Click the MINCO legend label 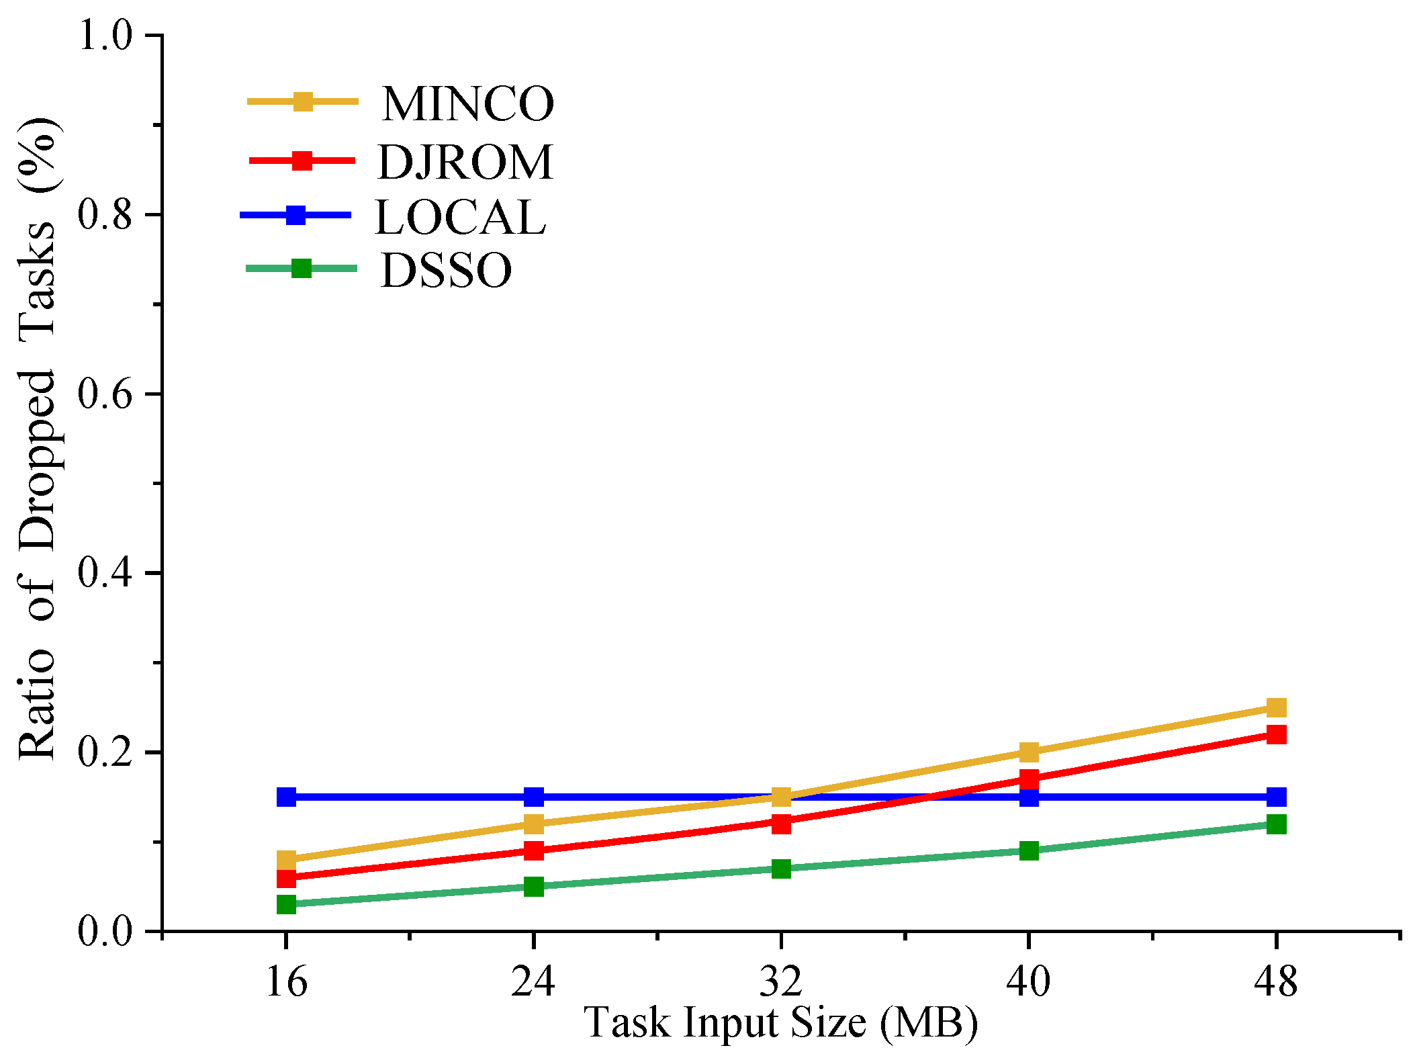click(x=467, y=104)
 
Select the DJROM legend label click(x=465, y=162)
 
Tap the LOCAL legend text click(x=460, y=217)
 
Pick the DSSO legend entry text click(x=446, y=271)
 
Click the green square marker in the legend click(x=302, y=269)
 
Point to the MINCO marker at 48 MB click(x=1275, y=707)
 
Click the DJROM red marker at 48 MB click(x=1275, y=734)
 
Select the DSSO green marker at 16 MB click(x=287, y=904)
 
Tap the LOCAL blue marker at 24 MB click(x=534, y=797)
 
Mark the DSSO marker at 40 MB click(x=1029, y=851)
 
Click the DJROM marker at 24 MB click(x=534, y=850)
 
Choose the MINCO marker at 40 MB click(x=1029, y=752)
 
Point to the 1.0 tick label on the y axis click(x=106, y=35)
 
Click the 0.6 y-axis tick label click(x=106, y=394)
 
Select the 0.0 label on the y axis click(x=106, y=932)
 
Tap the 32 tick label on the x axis click(x=781, y=981)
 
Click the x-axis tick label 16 click(x=287, y=981)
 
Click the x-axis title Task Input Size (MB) click(x=781, y=1022)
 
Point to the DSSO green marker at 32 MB click(x=781, y=869)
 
